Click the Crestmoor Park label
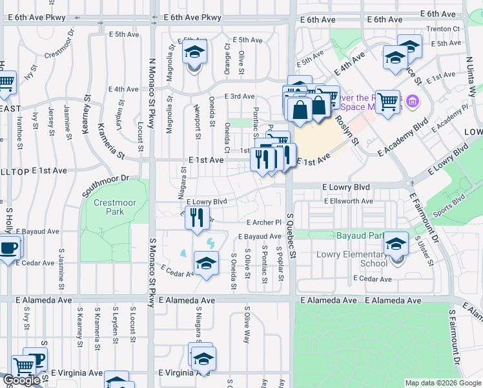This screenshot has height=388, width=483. tap(115, 207)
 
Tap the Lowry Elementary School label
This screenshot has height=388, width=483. tap(352, 259)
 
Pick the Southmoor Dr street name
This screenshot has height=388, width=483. tap(106, 186)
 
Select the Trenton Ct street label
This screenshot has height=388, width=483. tap(446, 28)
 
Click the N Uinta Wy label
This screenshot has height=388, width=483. tap(471, 76)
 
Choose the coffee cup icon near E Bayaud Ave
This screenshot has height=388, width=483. tap(8, 247)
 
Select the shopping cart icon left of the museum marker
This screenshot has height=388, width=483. tap(387, 100)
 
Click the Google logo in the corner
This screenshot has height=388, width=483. tap(21, 380)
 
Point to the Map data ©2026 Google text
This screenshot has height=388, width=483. tap(442, 383)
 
